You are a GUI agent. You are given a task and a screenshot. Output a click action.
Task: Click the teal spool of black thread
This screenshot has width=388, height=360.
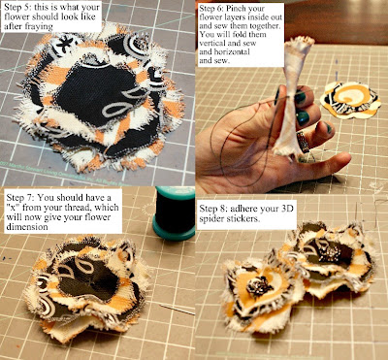pyautogui.click(x=174, y=213)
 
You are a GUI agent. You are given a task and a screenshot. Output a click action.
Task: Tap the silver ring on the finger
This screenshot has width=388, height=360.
pyautogui.click(x=303, y=142)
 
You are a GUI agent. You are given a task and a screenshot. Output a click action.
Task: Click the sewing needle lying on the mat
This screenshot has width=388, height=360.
pyautogui.click(x=177, y=309)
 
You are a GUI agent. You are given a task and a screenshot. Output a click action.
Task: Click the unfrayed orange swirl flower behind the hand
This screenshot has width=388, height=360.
pyautogui.click(x=350, y=99)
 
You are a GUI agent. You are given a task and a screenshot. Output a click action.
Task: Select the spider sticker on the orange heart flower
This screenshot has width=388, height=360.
pyautogui.click(x=259, y=286)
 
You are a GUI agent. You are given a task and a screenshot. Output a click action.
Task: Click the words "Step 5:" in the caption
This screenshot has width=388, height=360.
pyautogui.click(x=18, y=7)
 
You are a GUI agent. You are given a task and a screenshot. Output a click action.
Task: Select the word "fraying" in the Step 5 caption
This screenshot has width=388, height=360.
pyautogui.click(x=38, y=26)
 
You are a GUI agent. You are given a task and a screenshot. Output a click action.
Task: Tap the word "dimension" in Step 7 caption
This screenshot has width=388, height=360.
pyautogui.click(x=27, y=227)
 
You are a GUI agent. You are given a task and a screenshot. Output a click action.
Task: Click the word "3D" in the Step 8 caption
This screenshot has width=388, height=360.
pyautogui.click(x=286, y=209)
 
